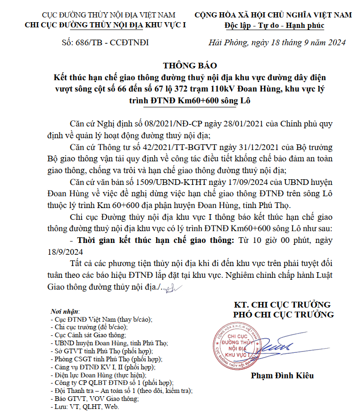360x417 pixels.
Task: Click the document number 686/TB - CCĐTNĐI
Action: [105, 42]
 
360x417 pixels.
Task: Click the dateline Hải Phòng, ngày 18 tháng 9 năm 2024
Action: [277, 42]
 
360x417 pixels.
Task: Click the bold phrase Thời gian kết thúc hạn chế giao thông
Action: [155, 240]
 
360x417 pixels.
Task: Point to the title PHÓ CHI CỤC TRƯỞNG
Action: [284, 315]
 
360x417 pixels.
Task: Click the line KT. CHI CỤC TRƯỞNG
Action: [284, 304]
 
